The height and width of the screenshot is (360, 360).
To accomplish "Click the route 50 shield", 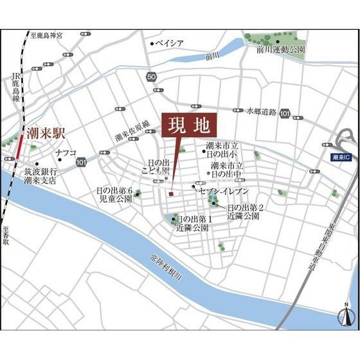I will coord(151,77).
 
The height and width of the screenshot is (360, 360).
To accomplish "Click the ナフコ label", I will coord(66,153).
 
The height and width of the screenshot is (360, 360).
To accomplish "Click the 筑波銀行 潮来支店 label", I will coord(40,176).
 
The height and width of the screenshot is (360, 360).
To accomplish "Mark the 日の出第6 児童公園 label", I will coord(114,195).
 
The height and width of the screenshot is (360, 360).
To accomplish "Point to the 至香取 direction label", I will coord(6,237).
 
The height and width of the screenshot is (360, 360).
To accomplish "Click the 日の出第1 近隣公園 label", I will coord(192,223).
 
